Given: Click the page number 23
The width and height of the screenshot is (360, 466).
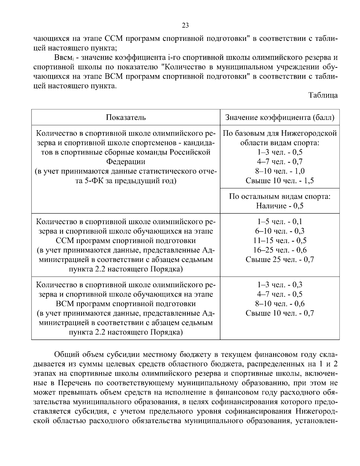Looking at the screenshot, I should [185, 26].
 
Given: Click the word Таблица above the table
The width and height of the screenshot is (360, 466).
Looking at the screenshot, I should [323, 95].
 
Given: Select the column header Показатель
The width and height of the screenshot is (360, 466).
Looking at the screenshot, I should [126, 117].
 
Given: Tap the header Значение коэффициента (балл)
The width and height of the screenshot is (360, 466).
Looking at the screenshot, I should [280, 117].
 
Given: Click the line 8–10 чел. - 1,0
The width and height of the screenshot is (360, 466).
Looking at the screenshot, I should [280, 171].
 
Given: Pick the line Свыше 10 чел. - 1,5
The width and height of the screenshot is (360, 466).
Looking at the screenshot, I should [280, 181].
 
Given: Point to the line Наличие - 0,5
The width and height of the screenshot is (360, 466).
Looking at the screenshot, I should [280, 206].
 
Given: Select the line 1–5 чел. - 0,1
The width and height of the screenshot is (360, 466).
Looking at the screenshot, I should [280, 221].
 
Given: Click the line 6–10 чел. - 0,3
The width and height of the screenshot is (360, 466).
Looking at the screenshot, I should [280, 231].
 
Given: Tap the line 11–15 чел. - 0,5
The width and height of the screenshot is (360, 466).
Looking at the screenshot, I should [280, 240].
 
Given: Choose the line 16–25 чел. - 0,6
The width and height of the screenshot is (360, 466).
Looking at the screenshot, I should [280, 250].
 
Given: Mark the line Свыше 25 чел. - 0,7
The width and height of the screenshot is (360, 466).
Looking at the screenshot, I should [280, 260].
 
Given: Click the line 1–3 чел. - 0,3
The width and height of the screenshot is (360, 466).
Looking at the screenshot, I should [280, 284].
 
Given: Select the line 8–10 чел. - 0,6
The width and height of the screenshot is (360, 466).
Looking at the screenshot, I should [280, 304].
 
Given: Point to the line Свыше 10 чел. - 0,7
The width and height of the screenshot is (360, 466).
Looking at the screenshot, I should [280, 313].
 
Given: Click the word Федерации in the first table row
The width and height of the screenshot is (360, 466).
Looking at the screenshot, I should [126, 162].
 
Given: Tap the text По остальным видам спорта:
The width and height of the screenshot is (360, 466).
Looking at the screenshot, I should [280, 197].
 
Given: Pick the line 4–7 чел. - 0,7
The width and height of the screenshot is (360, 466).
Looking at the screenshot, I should [280, 162].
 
